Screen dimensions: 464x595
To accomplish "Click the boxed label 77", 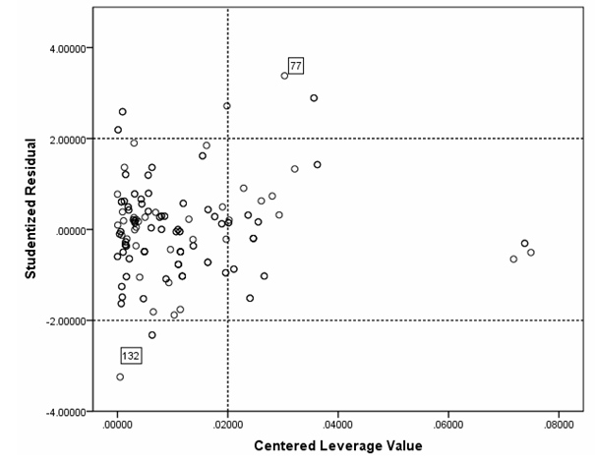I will (x=295, y=65).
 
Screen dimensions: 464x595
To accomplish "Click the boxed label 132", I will (x=131, y=355).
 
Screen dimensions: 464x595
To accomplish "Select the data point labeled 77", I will (x=284, y=76).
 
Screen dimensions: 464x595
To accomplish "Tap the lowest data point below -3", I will (x=120, y=377).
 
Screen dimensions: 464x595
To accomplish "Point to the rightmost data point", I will (x=531, y=253).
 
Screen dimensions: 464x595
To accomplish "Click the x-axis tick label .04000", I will (x=338, y=426).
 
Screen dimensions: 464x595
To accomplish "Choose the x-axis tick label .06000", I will (x=448, y=426).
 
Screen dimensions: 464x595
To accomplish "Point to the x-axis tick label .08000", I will (x=559, y=426).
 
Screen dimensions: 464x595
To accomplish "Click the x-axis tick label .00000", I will (x=118, y=426).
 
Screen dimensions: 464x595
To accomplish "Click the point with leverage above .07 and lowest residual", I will (x=513, y=260).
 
